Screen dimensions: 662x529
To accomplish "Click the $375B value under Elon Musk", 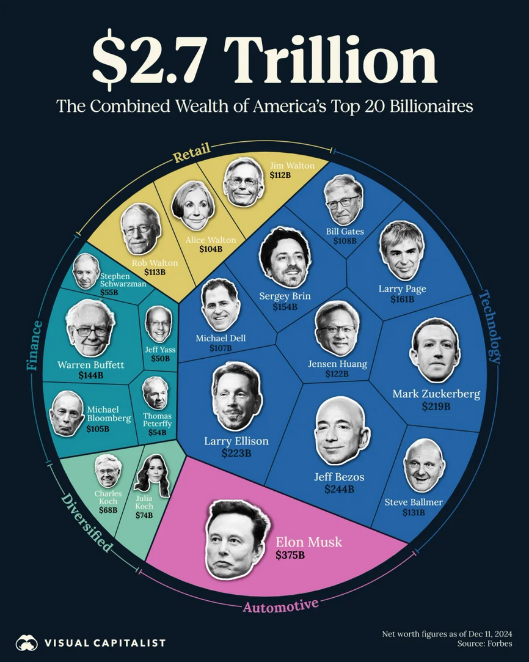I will click(x=290, y=556).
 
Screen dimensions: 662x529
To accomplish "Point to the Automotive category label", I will click(x=280, y=606).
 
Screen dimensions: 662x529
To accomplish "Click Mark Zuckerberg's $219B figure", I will click(x=436, y=406).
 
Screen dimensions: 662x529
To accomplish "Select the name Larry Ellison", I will click(x=236, y=441).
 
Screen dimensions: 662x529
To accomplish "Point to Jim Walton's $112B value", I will click(x=280, y=175).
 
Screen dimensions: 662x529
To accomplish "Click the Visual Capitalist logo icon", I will click(x=27, y=642).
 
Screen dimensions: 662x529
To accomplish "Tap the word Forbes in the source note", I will click(x=499, y=644).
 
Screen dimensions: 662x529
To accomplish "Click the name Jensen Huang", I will click(x=337, y=364).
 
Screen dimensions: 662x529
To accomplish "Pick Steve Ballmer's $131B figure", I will click(x=413, y=512).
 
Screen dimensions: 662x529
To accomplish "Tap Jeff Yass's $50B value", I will click(x=160, y=359).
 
